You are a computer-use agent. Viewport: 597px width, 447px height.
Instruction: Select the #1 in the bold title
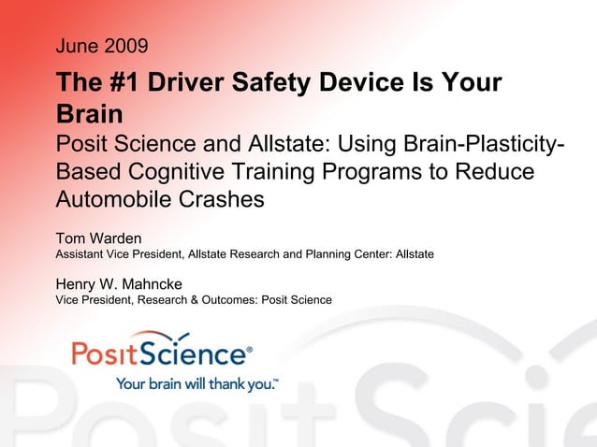point(116,83)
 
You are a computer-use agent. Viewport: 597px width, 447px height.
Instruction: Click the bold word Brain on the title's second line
point(90,115)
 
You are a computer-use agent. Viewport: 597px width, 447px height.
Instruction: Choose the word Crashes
point(219,200)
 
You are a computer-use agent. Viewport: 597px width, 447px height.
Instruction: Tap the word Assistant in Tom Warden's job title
point(80,253)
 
